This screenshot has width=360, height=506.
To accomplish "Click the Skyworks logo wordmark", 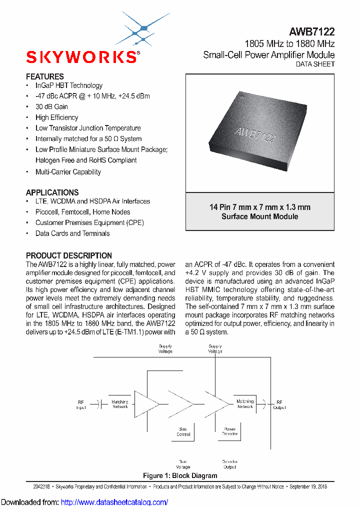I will tap(81, 57).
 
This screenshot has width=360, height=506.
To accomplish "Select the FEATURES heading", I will tap(45, 76).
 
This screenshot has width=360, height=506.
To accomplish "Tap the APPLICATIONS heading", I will tap(52, 192).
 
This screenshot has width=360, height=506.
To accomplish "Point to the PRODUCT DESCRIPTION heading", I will tap(69, 255).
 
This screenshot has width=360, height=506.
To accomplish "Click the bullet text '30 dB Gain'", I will tap(51, 106).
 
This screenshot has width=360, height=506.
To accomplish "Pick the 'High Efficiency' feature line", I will tap(56, 117).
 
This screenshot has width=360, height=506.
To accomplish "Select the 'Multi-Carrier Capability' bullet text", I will tap(68, 172).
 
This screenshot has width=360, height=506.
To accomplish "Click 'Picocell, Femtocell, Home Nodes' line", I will tap(82, 212).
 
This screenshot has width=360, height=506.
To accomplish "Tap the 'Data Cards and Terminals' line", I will tap(72, 233).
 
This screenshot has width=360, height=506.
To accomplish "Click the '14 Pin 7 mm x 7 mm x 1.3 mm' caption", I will tap(259, 207).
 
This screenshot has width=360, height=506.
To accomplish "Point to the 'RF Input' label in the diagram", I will tap(81, 404).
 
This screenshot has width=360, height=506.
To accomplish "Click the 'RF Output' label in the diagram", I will tap(279, 404).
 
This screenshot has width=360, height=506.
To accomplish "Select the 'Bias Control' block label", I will tap(183, 431).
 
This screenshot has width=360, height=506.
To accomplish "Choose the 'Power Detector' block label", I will tap(230, 431).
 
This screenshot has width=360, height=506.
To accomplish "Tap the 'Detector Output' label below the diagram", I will tap(230, 464).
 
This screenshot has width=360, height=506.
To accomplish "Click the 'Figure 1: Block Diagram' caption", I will tap(180, 475).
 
